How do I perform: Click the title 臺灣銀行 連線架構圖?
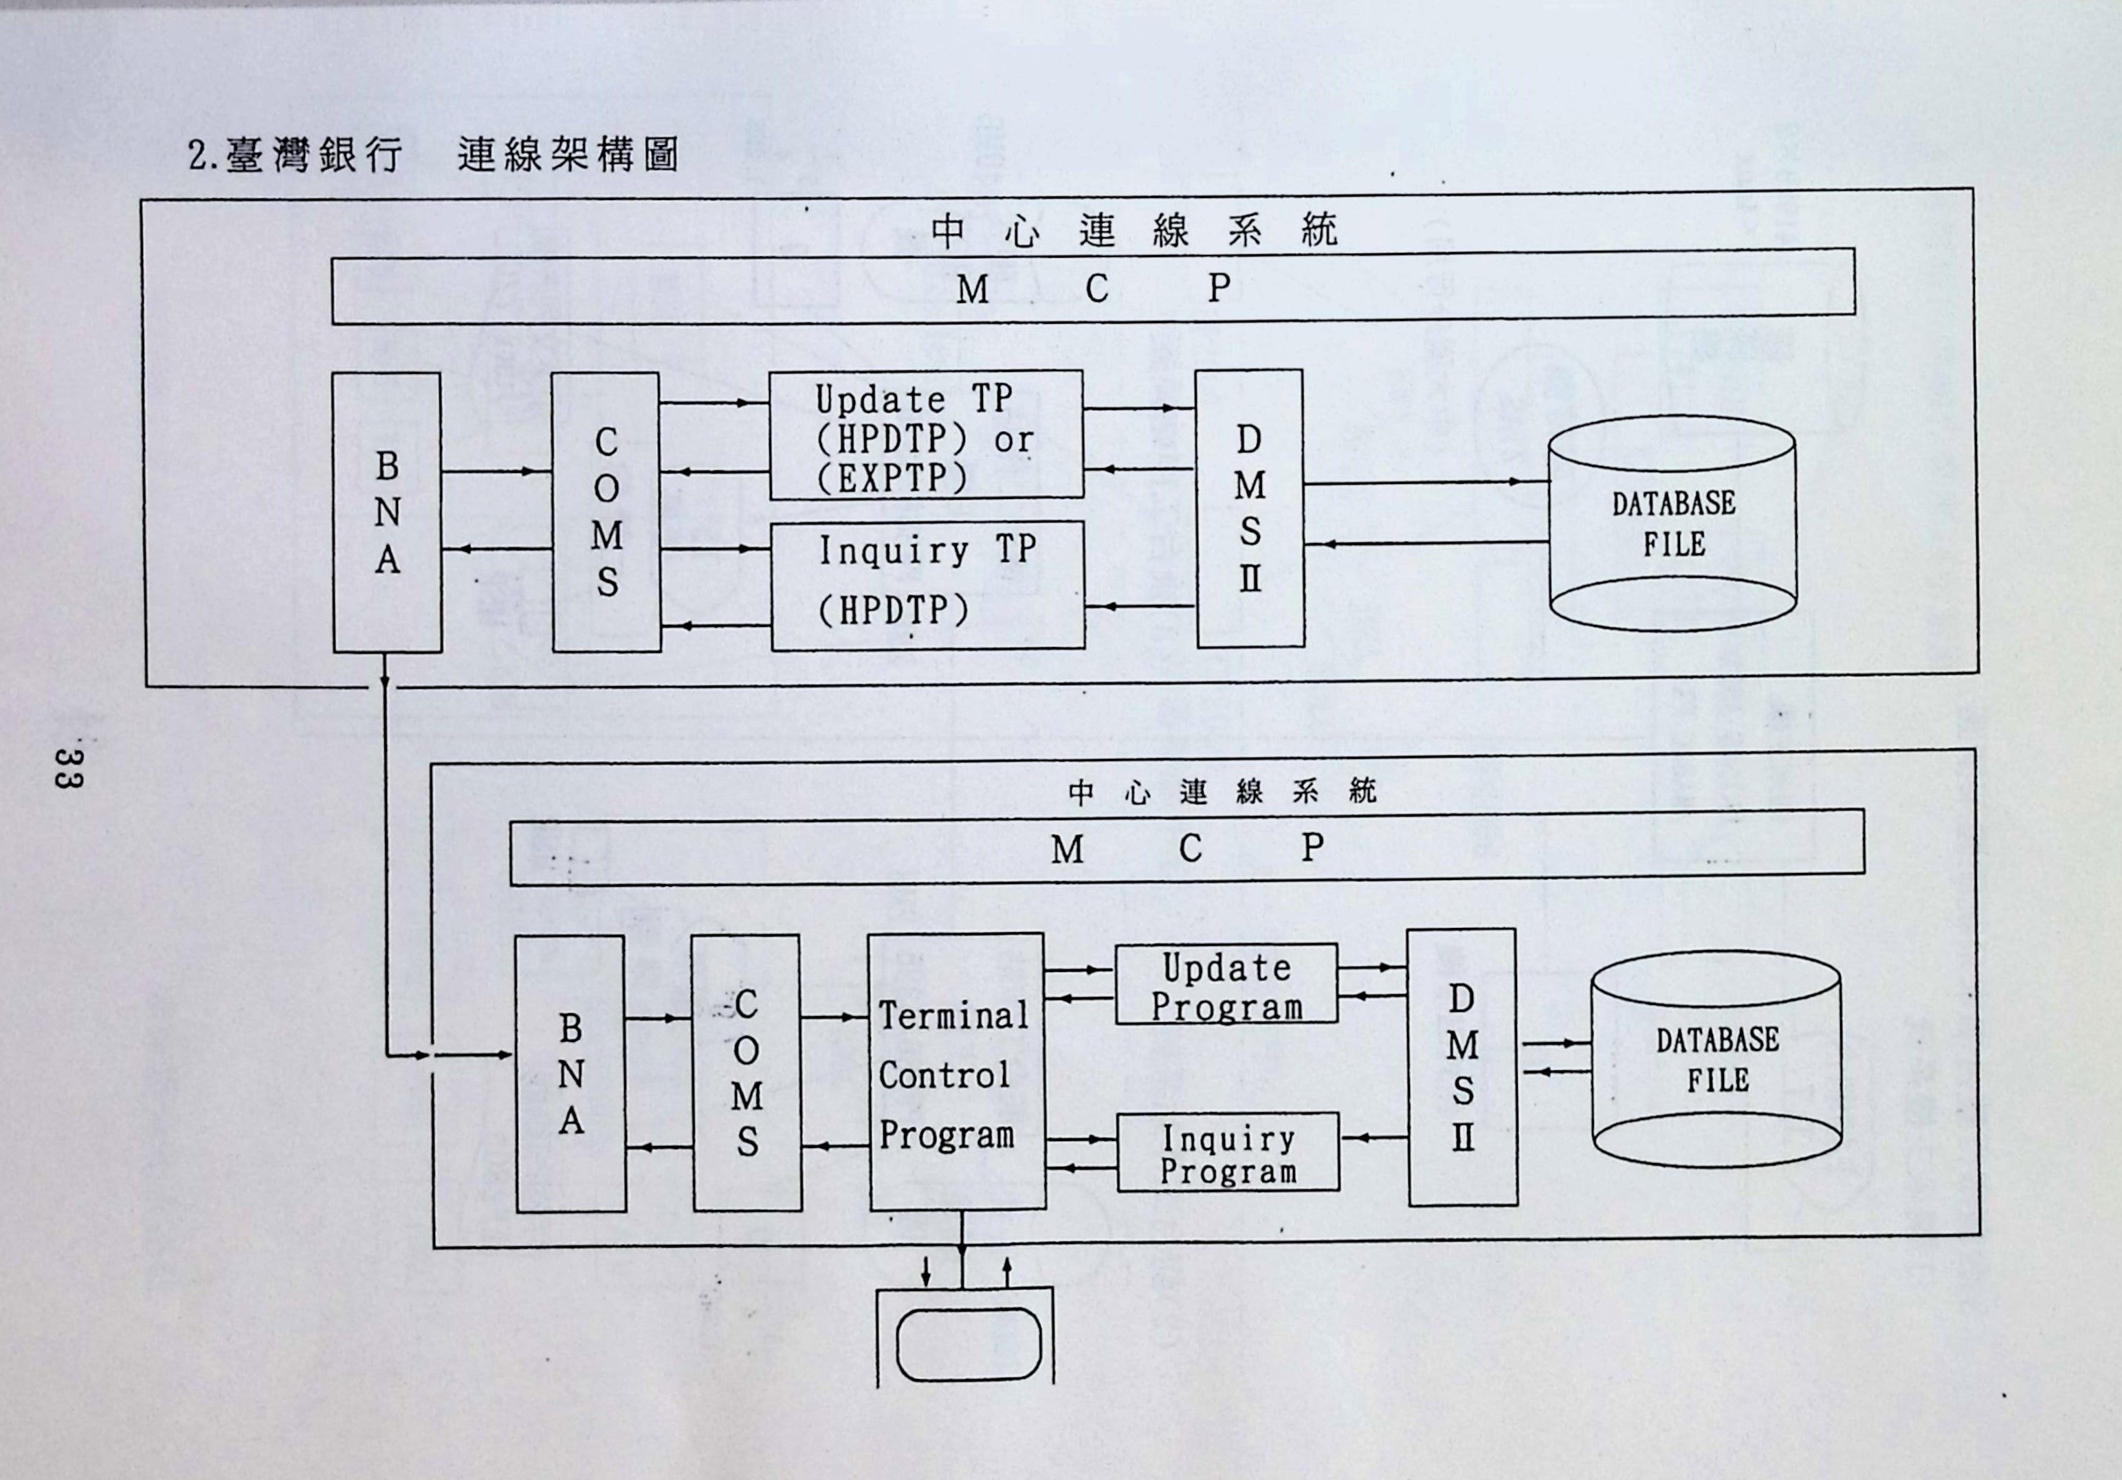(x=432, y=155)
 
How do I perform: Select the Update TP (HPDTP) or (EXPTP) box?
(x=925, y=435)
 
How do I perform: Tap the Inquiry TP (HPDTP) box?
(x=927, y=584)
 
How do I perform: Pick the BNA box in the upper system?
(x=386, y=512)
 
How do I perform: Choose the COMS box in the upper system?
(x=606, y=512)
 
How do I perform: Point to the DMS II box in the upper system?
(x=1250, y=509)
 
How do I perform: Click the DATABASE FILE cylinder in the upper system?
(x=1672, y=524)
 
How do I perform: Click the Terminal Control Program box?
(x=957, y=1072)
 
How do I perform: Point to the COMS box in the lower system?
(x=746, y=1073)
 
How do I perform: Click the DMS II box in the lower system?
(x=1461, y=1068)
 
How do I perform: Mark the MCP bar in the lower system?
(x=1186, y=847)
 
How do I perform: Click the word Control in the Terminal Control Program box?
(x=944, y=1075)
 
